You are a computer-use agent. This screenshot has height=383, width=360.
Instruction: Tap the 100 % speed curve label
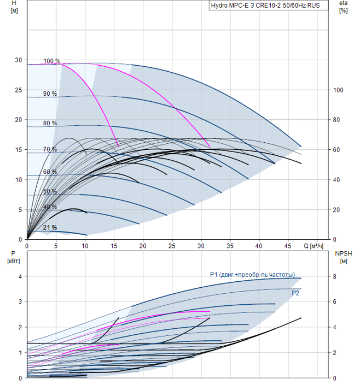52,61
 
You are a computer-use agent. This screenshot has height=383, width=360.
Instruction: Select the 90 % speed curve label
50,94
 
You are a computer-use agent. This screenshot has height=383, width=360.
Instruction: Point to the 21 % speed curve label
50,228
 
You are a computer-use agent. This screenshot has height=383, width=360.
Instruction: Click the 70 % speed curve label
50,149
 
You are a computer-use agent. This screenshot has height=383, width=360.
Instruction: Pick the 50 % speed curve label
50,191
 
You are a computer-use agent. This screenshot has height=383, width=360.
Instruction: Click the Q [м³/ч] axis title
313,246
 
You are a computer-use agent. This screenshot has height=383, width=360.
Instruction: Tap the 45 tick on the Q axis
288,246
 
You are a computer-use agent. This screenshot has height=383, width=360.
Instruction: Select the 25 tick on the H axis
19,90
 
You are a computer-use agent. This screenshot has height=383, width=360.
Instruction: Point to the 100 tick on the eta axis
338,90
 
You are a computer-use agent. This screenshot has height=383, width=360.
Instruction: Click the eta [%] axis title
344,7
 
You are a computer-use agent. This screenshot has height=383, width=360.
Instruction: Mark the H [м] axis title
14,7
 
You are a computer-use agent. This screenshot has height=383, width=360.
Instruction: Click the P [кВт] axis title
14,257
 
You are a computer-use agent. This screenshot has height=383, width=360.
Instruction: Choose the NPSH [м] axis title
344,257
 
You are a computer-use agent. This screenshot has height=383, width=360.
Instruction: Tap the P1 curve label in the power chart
253,275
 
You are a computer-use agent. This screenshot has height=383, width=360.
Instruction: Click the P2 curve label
295,293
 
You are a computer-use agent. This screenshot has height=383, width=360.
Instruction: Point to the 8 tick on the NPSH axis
335,276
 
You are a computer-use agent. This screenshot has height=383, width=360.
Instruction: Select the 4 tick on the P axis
20,276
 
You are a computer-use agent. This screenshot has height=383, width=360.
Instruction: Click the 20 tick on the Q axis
143,246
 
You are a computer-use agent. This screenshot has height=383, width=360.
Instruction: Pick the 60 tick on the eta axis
336,150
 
